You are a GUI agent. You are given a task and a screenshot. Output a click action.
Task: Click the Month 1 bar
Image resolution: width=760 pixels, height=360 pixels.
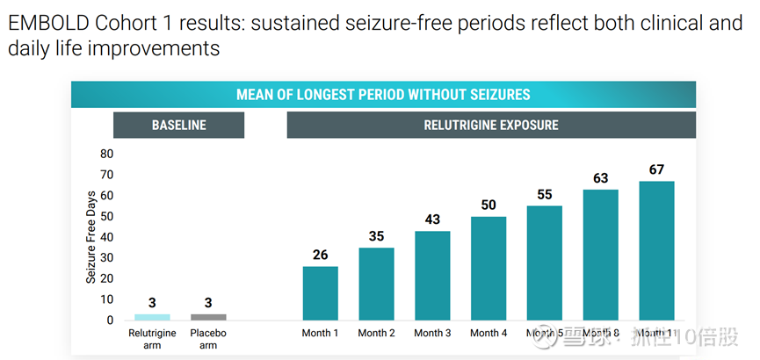320,293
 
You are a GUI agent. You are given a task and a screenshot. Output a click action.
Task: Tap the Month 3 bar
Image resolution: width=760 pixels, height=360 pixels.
432,276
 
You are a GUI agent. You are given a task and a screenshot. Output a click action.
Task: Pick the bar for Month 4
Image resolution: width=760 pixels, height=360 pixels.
489,269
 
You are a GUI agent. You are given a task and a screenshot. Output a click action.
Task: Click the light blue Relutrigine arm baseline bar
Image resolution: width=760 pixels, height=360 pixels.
152,317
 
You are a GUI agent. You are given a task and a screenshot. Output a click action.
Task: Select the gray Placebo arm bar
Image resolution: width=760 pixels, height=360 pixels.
208,317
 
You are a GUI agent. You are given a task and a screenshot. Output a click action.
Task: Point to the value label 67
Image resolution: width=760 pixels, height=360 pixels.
656,169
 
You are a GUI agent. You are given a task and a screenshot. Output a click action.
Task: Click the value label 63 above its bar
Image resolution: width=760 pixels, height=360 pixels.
600,178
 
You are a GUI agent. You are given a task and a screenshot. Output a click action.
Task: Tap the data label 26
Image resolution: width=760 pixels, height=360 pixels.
320,256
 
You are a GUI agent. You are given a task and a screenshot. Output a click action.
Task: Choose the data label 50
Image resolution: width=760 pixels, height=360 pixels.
489,205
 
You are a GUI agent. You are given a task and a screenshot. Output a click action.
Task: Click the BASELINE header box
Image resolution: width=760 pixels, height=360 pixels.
178,125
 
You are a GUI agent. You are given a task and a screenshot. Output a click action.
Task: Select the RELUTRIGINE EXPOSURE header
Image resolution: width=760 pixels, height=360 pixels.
491,125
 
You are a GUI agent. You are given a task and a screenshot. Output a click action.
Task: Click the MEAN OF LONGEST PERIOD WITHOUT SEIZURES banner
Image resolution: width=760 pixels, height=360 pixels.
383,95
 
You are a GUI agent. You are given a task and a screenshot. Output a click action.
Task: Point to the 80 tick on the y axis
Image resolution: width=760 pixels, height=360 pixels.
106,154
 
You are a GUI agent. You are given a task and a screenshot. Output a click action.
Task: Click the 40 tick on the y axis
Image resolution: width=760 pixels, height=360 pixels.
106,237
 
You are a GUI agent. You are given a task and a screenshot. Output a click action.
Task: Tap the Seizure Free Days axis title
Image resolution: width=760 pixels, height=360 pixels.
90,237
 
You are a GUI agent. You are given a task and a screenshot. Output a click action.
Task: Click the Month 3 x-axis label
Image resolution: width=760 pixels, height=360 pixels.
432,334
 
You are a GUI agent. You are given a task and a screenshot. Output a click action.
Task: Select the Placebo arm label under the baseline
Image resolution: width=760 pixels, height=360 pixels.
208,339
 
